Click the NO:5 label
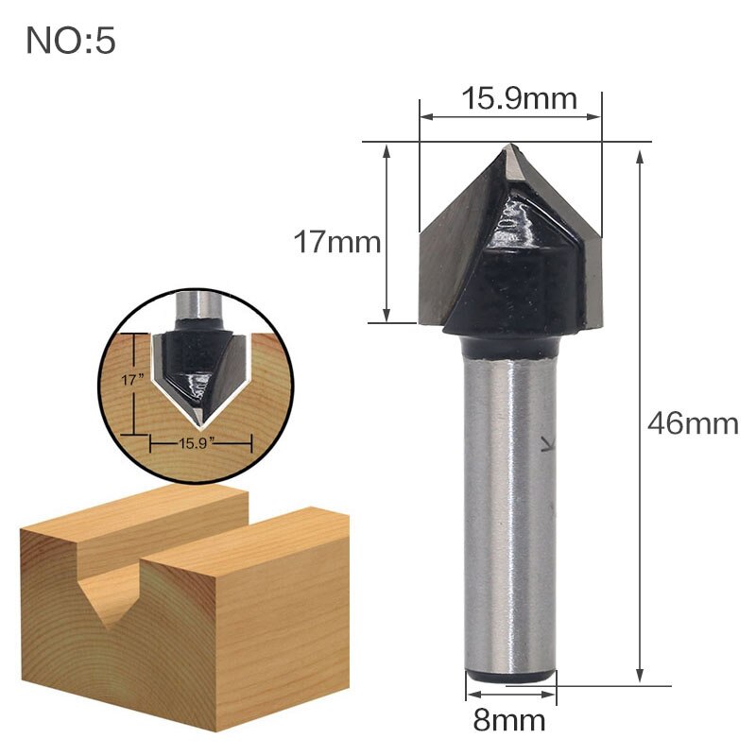point(71,41)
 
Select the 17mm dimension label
point(336,243)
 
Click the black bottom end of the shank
point(511,675)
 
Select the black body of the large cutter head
point(515,274)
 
